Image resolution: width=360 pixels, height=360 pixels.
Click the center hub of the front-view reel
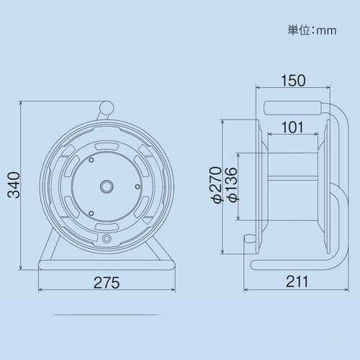pyautogui.click(x=107, y=186)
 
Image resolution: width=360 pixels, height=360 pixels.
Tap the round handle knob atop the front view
pyautogui.click(x=106, y=108)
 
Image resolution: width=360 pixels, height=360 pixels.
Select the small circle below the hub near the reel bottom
pyautogui.click(x=107, y=238)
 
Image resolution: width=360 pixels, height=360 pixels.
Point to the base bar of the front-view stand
pyautogui.click(x=107, y=264)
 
